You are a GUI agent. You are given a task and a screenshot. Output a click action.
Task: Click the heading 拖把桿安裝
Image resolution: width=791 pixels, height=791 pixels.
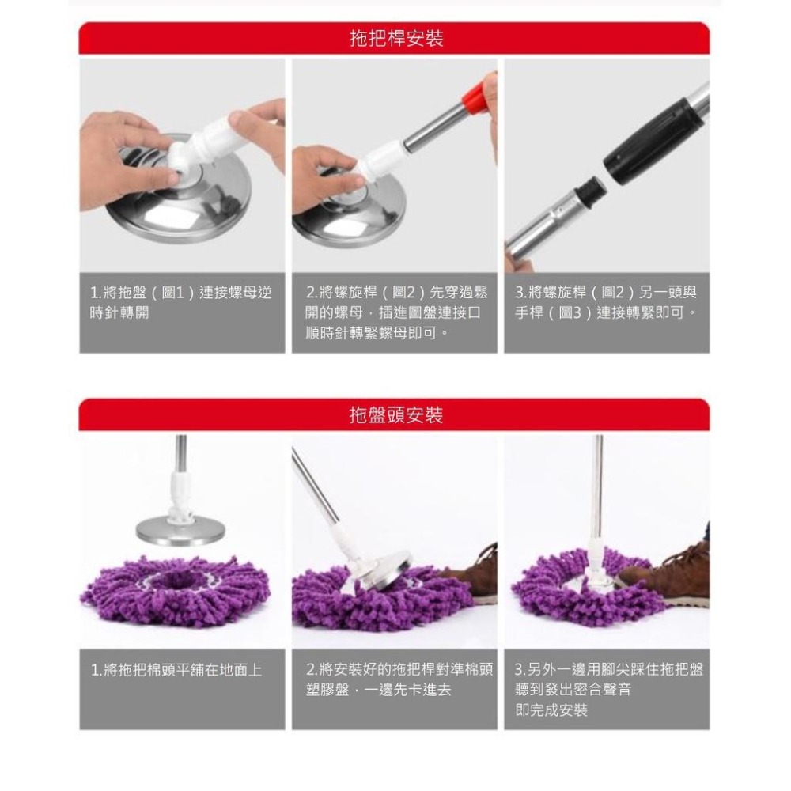(395, 38)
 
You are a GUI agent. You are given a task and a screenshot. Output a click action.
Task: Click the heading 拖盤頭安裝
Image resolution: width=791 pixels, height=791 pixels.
(395, 414)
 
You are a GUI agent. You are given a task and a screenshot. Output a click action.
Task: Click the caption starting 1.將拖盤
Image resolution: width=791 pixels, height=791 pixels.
(181, 302)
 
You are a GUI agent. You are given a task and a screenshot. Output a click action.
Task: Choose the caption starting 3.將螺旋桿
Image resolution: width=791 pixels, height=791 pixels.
(607, 302)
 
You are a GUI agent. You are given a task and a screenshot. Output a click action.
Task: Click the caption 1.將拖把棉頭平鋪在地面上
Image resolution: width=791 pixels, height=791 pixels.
(176, 670)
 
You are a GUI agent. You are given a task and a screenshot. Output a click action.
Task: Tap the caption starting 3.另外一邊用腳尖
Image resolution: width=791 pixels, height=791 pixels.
(608, 689)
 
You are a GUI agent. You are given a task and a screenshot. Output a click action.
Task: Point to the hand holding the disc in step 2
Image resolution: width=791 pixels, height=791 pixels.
(324, 176)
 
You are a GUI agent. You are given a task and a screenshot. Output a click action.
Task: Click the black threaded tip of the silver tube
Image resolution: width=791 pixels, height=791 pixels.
(585, 191)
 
